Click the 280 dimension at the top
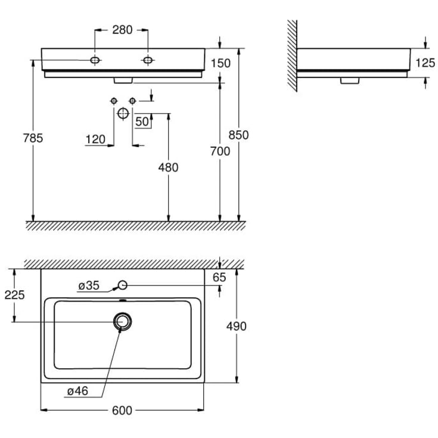pos(122,30)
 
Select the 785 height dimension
pos(33,138)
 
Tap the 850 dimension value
pos(238,135)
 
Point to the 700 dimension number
pos(220,151)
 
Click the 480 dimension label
pos(168,167)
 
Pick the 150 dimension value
pos(220,63)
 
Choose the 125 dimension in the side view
pos(425,63)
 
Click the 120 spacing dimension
pos(95,139)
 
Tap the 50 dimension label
pos(142,122)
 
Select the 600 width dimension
pos(122,411)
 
